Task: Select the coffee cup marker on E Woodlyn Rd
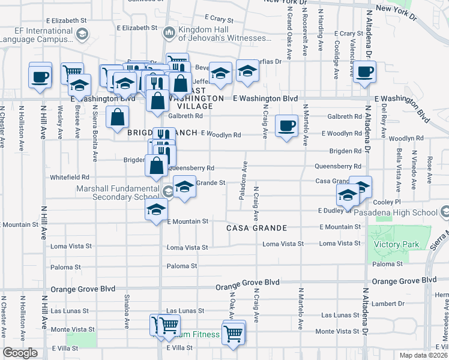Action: click(x=286, y=126)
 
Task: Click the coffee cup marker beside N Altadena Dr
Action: click(x=364, y=73)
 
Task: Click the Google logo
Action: click(x=20, y=353)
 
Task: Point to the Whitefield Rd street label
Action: click(x=69, y=178)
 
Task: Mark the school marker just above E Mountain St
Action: click(x=156, y=211)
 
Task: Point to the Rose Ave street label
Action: click(x=429, y=163)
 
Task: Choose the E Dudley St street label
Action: click(x=334, y=211)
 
